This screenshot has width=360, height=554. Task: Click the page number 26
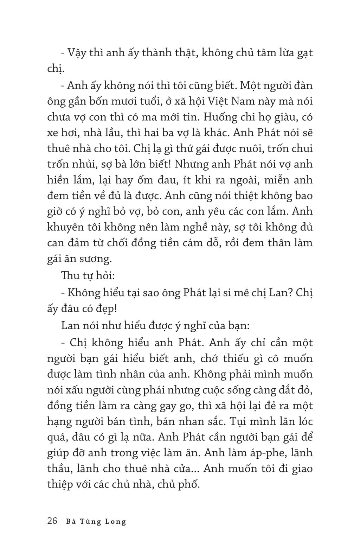pyautogui.click(x=52, y=521)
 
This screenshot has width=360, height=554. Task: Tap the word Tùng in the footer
pyautogui.click(x=90, y=521)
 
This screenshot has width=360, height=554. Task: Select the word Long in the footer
pyautogui.click(x=116, y=522)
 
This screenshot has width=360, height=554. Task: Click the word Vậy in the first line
pyautogui.click(x=78, y=53)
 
